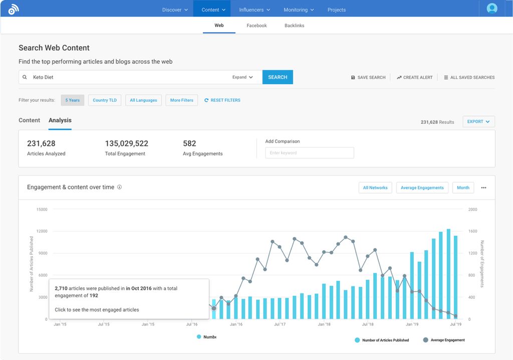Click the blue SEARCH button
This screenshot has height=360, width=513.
pyautogui.click(x=278, y=77)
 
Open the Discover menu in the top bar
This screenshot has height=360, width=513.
pyautogui.click(x=175, y=10)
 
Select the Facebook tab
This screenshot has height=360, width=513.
pyautogui.click(x=256, y=26)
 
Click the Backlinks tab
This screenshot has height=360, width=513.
pyautogui.click(x=294, y=26)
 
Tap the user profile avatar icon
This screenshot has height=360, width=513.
pyautogui.click(x=492, y=9)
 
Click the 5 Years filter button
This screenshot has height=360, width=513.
pyautogui.click(x=73, y=100)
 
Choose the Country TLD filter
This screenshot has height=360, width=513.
pyautogui.click(x=105, y=100)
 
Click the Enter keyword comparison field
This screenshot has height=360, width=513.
pyautogui.click(x=309, y=153)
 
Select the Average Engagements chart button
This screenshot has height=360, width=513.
pyautogui.click(x=422, y=188)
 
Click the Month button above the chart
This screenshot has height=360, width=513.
pyautogui.click(x=463, y=188)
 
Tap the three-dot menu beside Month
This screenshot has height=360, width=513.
pyautogui.click(x=483, y=188)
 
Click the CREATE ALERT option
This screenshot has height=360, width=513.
pyautogui.click(x=414, y=78)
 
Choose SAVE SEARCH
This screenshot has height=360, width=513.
pyautogui.click(x=368, y=78)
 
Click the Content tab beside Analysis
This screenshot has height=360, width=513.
pyautogui.click(x=29, y=120)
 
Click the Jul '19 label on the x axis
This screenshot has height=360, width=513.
pyautogui.click(x=455, y=324)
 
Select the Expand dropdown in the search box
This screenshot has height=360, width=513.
pyautogui.click(x=242, y=77)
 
